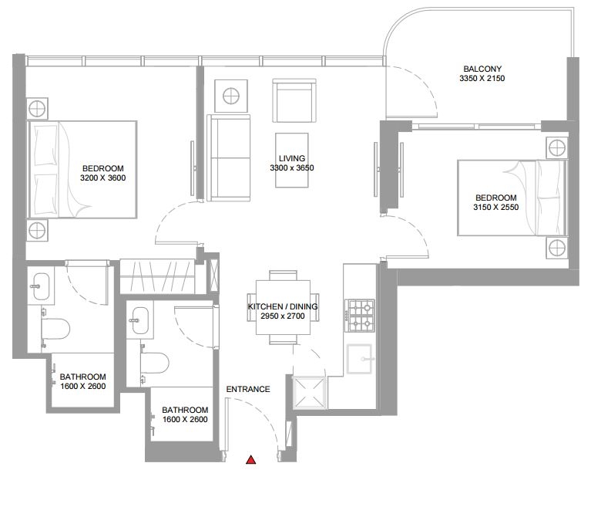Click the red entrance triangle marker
tap(250, 460)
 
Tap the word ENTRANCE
tap(248, 389)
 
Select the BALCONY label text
tap(482, 69)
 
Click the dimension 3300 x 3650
tap(292, 167)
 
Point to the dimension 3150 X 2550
tap(496, 208)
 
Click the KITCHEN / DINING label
tap(283, 306)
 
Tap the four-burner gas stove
tap(360, 316)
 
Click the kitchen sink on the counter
tap(359, 359)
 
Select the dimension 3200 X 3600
tap(102, 177)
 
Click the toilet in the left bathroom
tap(55, 330)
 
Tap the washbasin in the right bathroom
tap(139, 320)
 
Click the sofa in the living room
tap(228, 157)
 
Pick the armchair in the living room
tap(294, 100)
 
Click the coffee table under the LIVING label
tap(292, 161)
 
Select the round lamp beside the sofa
tap(231, 96)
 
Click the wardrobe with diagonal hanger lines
tap(157, 277)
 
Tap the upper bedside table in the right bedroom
tap(557, 147)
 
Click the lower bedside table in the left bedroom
tap(37, 230)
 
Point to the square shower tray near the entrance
tap(309, 392)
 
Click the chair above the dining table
tap(283, 275)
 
